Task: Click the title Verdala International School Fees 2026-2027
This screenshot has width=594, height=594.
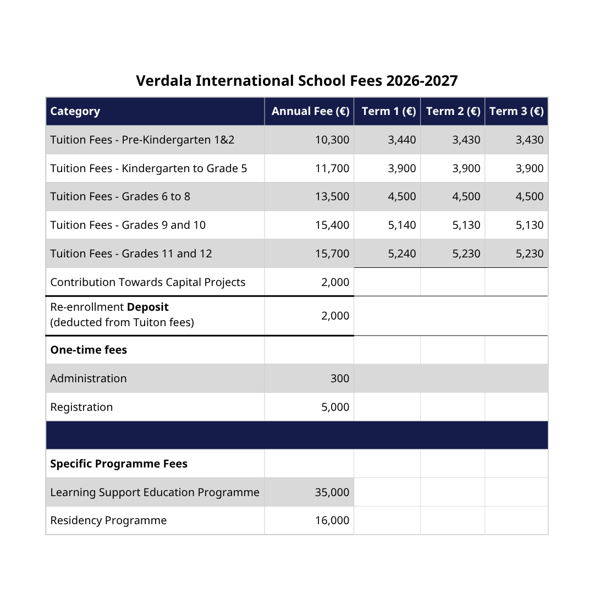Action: [296, 81]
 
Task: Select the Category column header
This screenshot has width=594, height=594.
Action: [75, 112]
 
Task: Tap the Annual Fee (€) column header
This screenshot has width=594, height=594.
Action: [310, 112]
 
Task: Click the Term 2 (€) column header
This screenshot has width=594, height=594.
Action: [453, 112]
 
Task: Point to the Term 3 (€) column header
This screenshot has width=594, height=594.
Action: [516, 112]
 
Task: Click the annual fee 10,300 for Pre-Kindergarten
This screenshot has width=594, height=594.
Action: [332, 140]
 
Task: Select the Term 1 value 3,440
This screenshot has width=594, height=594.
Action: [402, 140]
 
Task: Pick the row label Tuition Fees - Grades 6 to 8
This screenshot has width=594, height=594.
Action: [120, 197]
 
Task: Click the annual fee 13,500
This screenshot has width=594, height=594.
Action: [332, 197]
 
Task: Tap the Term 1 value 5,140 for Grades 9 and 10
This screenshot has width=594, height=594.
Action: [402, 226]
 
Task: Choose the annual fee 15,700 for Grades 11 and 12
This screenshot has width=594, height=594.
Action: [332, 254]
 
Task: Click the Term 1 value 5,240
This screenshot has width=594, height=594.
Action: [402, 254]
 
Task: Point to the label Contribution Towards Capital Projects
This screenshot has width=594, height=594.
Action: [147, 283]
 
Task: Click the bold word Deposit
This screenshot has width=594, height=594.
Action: [147, 307]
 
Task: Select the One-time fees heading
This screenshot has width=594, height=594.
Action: [89, 350]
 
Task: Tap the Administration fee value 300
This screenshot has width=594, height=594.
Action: [339, 379]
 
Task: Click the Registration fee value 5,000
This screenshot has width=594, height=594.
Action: [335, 408]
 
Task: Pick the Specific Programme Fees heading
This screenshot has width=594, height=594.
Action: [119, 464]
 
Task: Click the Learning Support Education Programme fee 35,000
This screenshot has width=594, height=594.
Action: [332, 493]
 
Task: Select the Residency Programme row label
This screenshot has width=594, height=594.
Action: [108, 521]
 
